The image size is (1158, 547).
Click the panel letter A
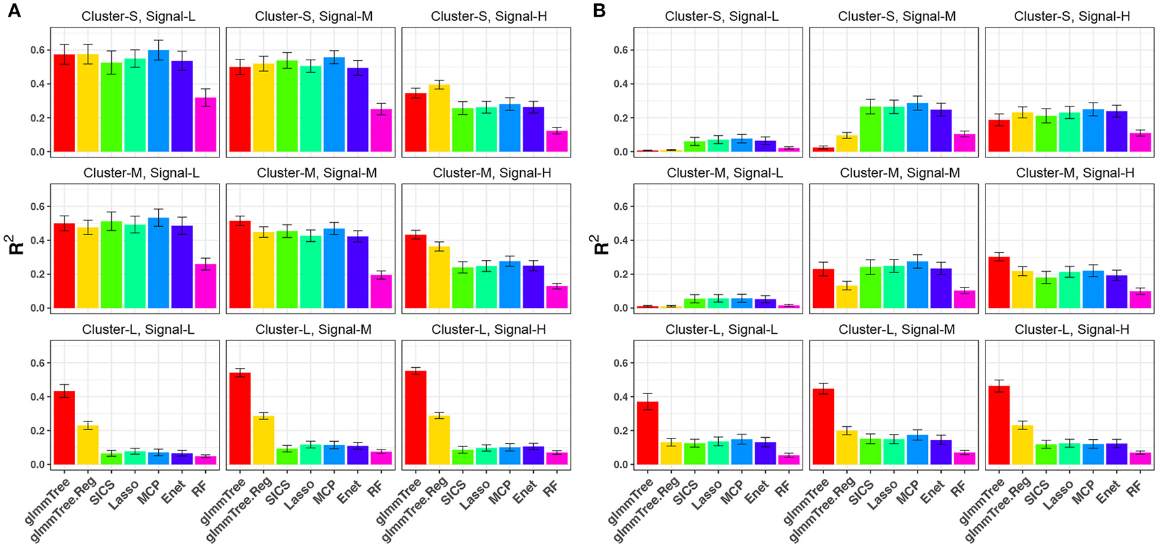[x=13, y=10]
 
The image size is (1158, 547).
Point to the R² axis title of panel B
[x=601, y=245]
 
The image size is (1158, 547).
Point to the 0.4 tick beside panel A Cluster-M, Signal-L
[x=37, y=240]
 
